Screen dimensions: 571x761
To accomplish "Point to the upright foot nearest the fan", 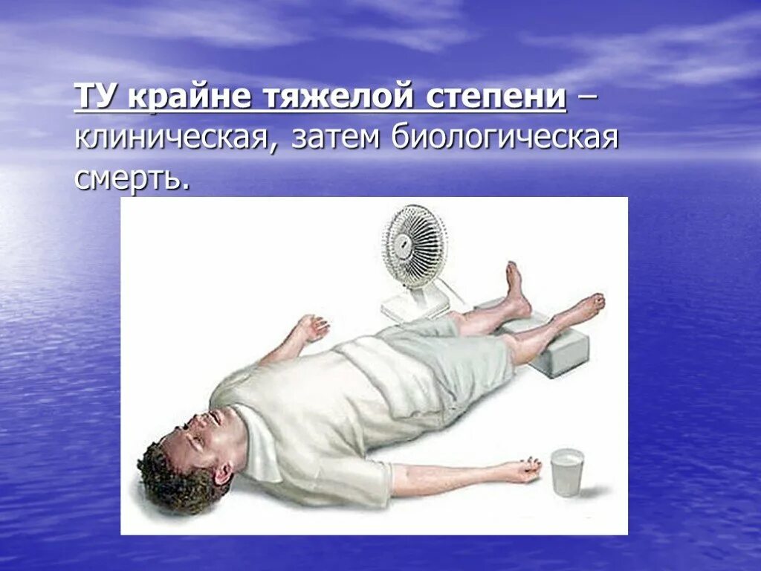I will [515, 290].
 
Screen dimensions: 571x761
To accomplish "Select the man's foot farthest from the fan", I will [584, 306].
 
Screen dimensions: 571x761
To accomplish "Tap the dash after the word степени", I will [587, 100].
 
